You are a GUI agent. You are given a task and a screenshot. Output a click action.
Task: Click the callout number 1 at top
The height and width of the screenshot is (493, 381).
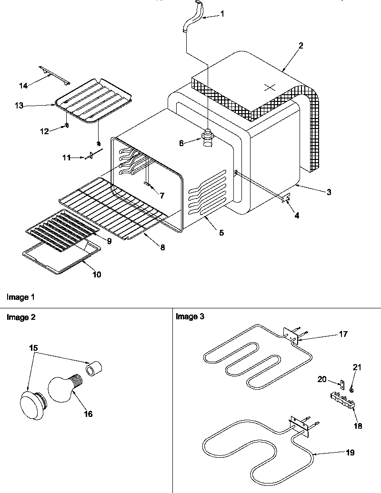222,14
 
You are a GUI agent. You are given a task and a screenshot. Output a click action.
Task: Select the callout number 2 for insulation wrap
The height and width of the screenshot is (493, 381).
301,46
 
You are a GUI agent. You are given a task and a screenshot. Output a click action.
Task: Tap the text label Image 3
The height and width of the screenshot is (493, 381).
190,317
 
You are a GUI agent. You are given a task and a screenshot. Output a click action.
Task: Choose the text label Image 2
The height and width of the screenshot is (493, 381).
20,317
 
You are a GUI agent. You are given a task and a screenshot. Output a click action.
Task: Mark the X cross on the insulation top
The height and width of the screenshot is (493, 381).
270,87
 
